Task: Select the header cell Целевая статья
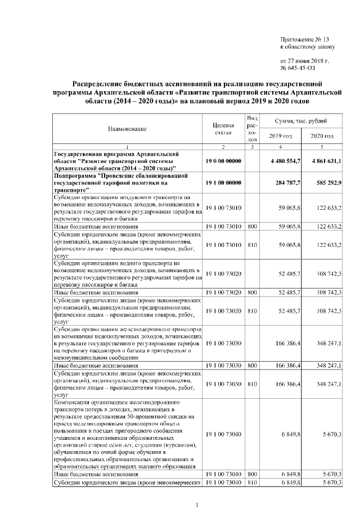pyautogui.click(x=223, y=128)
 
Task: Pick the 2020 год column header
pyautogui.click(x=322, y=137)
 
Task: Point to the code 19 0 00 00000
pyautogui.click(x=223, y=161)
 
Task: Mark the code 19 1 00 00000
pyautogui.click(x=223, y=183)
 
